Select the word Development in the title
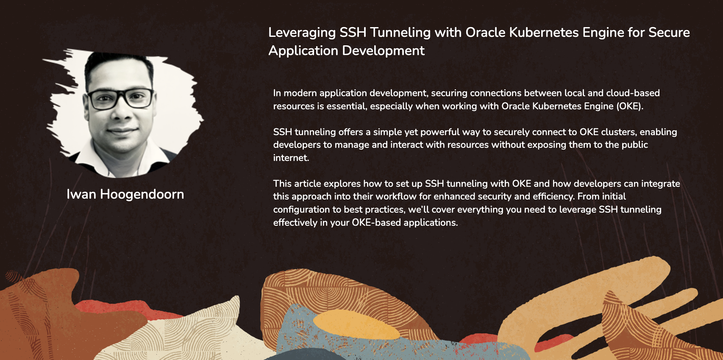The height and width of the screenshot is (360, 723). [x=383, y=51]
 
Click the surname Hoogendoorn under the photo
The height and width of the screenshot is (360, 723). [x=142, y=194]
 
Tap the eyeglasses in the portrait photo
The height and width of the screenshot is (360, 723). [x=120, y=99]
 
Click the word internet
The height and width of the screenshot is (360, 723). [x=291, y=158]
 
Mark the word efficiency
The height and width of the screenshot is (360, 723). [x=554, y=197]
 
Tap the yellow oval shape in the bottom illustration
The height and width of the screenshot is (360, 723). [x=356, y=324]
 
